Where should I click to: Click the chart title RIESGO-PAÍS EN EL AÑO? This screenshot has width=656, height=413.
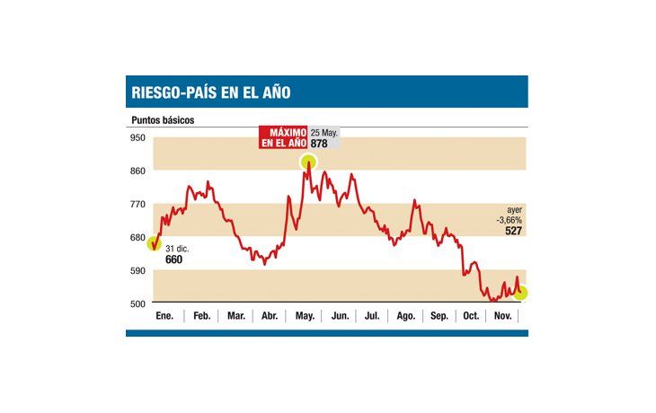[211, 92]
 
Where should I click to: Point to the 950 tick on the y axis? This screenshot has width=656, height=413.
[137, 137]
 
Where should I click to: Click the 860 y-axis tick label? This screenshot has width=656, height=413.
[137, 171]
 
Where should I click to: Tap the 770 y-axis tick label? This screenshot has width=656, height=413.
[137, 204]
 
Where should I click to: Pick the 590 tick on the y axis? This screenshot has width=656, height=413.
[137, 270]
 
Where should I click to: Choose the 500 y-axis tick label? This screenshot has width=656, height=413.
[137, 303]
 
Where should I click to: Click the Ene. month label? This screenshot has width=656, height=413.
[164, 316]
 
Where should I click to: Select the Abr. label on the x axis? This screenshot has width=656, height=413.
[269, 316]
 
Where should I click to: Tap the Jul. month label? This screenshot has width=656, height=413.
[371, 316]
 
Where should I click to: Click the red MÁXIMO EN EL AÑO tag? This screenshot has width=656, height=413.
[282, 136]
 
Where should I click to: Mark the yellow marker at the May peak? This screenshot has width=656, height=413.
[309, 162]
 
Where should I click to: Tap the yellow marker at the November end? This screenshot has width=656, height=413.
[520, 293]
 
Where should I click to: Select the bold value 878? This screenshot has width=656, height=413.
[320, 142]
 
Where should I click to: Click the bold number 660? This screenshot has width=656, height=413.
[174, 259]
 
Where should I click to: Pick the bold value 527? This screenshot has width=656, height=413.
[513, 231]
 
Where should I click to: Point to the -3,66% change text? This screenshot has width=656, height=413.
[509, 219]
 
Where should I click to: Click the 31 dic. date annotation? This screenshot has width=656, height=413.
[176, 248]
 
